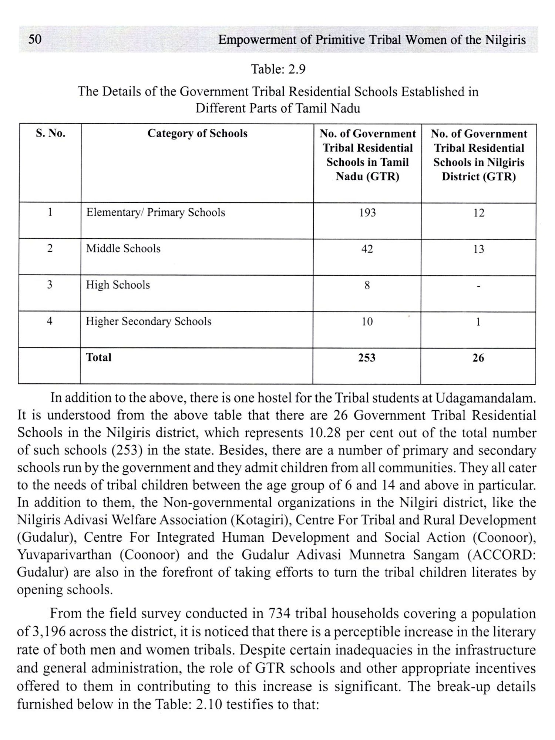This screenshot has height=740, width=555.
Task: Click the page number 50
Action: pyautogui.click(x=35, y=39)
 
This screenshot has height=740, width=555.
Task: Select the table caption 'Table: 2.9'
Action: pyautogui.click(x=278, y=69)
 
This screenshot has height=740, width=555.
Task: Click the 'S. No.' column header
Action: pyautogui.click(x=50, y=134)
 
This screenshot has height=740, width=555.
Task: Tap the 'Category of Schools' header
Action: pyautogui.click(x=197, y=134)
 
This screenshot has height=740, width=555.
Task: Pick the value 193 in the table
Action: pyautogui.click(x=367, y=213)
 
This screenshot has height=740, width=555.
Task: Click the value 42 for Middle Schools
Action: pyautogui.click(x=367, y=249)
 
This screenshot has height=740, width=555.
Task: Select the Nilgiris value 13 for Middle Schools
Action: pyautogui.click(x=478, y=249)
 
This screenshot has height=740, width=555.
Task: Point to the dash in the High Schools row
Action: pyautogui.click(x=478, y=286)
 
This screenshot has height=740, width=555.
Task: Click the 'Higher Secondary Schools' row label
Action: pyautogui.click(x=149, y=322)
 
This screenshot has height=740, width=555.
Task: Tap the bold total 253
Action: pyautogui.click(x=367, y=358)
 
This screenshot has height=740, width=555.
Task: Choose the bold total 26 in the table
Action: pyautogui.click(x=478, y=358)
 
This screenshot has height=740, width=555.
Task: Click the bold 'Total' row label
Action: pyautogui.click(x=99, y=357)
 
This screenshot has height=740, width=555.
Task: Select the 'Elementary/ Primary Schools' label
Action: pyautogui.click(x=155, y=213)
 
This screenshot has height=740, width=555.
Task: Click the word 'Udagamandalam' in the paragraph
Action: pyautogui.click(x=485, y=398)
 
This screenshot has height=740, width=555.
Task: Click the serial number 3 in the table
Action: pyautogui.click(x=50, y=285)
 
